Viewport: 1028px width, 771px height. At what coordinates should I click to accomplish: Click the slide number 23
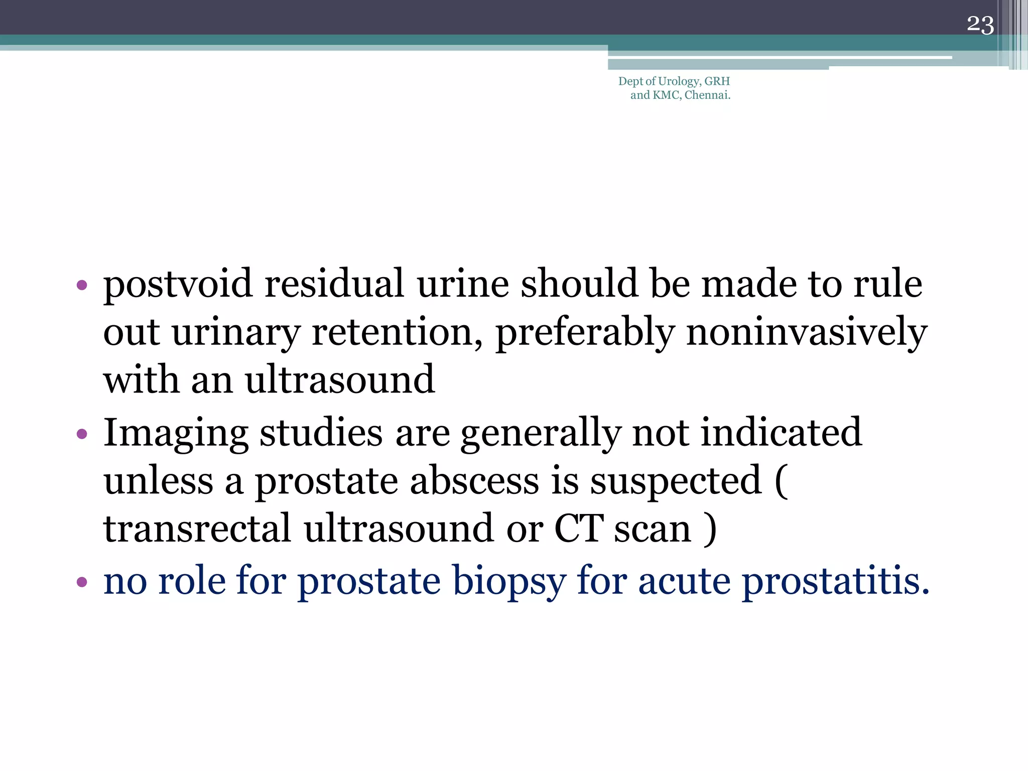pos(980,25)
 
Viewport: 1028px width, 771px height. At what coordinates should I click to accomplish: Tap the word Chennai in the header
pos(707,95)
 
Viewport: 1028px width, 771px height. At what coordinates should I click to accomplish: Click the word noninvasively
pos(806,332)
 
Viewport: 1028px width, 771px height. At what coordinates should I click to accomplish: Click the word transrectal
pos(197,529)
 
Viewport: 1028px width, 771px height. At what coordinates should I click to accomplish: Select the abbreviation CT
pos(578,529)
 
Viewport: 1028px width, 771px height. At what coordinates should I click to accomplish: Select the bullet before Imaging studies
pos(82,434)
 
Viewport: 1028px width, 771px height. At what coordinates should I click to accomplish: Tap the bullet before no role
pos(82,582)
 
